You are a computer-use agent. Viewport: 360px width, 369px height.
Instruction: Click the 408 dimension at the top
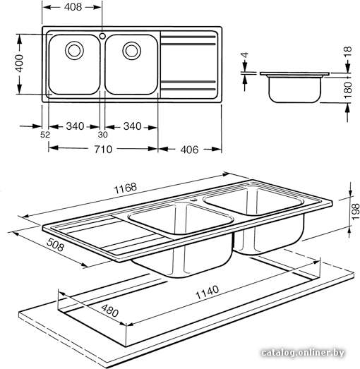(73, 7)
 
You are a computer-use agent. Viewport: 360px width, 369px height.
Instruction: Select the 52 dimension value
(45, 135)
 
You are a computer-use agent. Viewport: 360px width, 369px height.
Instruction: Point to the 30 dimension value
(102, 135)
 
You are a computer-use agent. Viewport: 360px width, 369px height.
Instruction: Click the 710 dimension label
(103, 149)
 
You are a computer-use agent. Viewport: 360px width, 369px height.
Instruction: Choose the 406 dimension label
(190, 150)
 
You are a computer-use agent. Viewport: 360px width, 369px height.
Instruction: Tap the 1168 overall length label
(125, 188)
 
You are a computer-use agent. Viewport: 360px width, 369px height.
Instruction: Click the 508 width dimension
(55, 245)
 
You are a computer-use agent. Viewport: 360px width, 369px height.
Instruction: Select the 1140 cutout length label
(208, 292)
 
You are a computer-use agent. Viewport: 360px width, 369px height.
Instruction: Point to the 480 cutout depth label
(110, 310)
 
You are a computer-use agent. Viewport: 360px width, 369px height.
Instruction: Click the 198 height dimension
(356, 212)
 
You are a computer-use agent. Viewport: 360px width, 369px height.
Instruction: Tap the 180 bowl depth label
(347, 90)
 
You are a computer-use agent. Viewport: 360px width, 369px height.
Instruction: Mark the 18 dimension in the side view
(347, 51)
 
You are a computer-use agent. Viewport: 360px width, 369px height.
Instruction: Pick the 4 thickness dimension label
(245, 55)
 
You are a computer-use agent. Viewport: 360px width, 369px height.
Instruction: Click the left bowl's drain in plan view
(74, 50)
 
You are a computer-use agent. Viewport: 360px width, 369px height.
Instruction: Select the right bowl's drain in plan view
(131, 50)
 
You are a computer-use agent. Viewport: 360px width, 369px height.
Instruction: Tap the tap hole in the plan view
(102, 36)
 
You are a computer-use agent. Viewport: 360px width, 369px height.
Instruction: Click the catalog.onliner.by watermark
(303, 352)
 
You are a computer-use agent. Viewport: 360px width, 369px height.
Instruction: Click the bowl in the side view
(295, 89)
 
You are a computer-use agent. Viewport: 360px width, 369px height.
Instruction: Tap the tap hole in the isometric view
(193, 200)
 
